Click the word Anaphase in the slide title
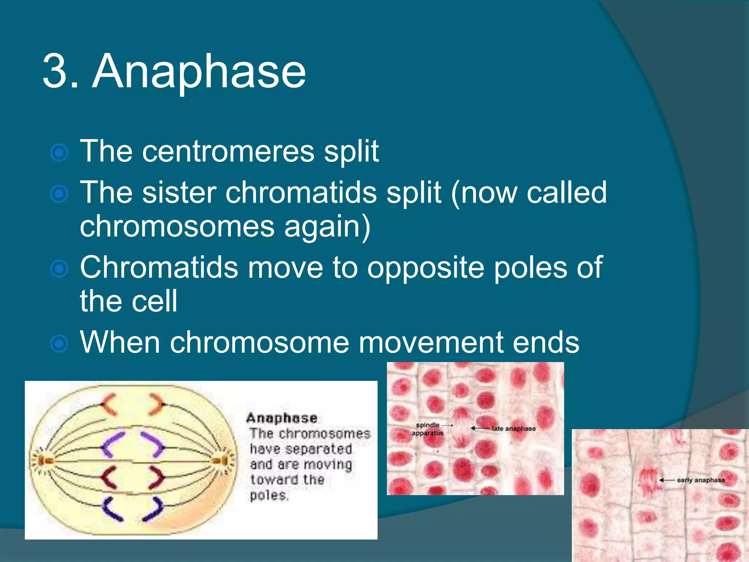tap(199, 71)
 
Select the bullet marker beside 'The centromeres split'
tap(59, 153)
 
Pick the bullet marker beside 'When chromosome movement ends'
tap(59, 344)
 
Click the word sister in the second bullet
tap(179, 192)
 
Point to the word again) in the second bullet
tap(327, 226)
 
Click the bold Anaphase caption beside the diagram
tap(282, 418)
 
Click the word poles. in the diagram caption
tap(269, 495)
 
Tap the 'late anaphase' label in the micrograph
tap(513, 428)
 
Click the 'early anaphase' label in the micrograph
tap(700, 480)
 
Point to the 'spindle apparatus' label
tap(428, 429)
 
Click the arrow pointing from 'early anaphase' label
tap(667, 480)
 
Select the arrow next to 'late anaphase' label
tap(480, 428)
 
